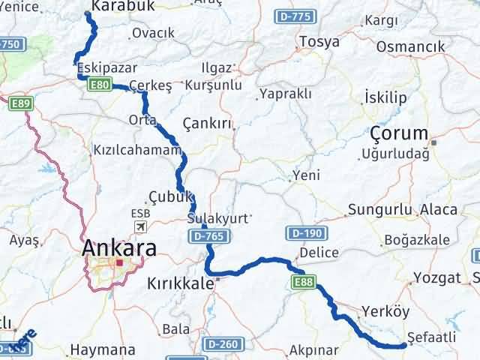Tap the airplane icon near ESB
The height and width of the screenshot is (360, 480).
140,226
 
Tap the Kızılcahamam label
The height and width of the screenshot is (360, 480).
136,149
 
